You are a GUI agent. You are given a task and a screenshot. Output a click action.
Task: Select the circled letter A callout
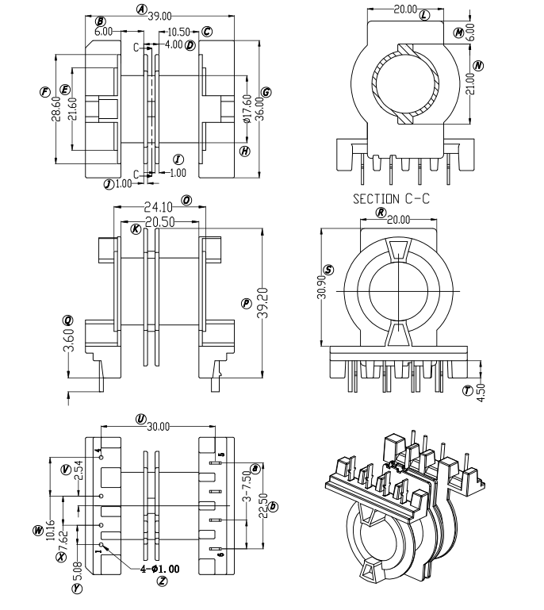coord(141,10)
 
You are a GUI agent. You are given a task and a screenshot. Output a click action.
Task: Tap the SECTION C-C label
coord(391,199)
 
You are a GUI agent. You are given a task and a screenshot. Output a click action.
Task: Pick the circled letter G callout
coord(266,93)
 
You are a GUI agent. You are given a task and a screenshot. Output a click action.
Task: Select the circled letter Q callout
coord(68,320)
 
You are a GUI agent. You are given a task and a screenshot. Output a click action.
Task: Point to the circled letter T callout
coord(467,390)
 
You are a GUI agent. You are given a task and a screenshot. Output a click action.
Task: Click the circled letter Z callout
coord(162,581)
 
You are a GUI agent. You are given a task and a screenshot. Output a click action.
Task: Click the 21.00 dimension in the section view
coord(471,82)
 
